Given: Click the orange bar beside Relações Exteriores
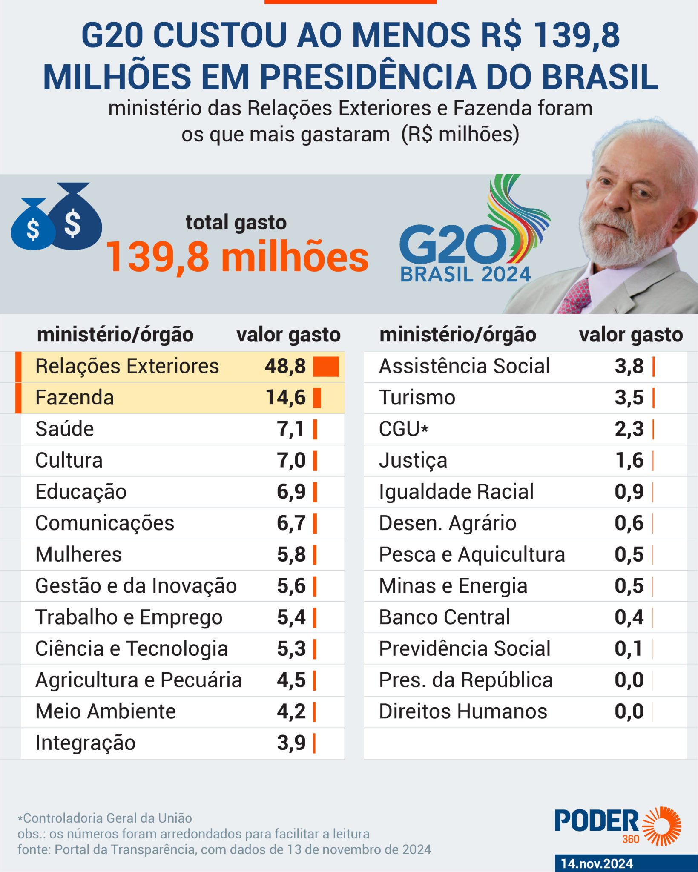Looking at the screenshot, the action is (326, 367).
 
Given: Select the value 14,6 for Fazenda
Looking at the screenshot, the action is (285, 398).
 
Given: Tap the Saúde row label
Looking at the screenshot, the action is (64, 429).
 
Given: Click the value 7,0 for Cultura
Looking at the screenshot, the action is (291, 460).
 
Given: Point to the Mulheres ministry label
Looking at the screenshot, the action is (78, 554).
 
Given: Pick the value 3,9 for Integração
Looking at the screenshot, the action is (291, 743).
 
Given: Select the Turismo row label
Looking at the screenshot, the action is (417, 398).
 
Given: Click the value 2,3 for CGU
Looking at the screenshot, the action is (629, 429).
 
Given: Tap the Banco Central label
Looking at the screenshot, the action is (444, 617).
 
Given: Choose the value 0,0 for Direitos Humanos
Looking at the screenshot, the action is (629, 711).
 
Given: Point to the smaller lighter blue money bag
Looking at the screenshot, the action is (32, 224).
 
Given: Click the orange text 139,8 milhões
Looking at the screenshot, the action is (237, 257).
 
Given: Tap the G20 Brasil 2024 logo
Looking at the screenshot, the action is (474, 229).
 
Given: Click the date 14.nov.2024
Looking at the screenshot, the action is (597, 863).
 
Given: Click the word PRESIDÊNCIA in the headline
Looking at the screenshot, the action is (368, 77).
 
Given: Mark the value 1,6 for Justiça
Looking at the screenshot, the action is (629, 460).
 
